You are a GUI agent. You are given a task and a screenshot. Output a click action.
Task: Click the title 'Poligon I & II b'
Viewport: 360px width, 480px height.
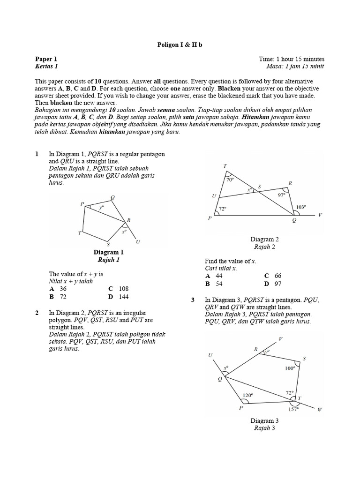click(180, 45)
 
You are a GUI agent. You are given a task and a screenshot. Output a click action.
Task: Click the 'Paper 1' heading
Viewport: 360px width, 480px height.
click(46, 59)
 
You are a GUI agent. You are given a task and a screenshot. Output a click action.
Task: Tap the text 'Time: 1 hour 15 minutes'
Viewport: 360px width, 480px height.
click(291, 59)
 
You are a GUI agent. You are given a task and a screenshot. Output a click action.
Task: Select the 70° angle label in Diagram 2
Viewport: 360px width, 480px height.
click(230, 180)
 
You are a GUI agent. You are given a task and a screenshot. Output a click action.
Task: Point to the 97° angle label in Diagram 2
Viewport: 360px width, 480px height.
click(281, 195)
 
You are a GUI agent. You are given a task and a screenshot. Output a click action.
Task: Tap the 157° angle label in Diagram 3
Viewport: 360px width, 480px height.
click(293, 409)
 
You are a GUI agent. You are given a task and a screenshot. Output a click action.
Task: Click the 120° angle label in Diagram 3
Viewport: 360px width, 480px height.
click(247, 395)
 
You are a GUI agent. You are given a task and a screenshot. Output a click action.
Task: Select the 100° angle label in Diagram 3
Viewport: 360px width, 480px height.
click(290, 368)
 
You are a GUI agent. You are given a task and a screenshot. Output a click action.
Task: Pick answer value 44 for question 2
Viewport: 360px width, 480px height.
click(219, 276)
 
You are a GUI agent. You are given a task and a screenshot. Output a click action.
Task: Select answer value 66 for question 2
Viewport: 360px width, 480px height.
click(278, 276)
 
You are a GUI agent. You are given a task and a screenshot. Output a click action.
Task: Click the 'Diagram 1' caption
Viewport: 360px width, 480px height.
click(108, 252)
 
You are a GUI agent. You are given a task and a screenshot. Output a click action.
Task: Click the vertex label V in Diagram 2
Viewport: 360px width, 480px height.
click(320, 215)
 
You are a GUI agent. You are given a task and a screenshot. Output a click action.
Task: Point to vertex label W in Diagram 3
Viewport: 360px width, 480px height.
click(320, 409)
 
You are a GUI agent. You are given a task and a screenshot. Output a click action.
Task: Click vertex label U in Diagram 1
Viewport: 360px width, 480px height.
click(138, 242)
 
